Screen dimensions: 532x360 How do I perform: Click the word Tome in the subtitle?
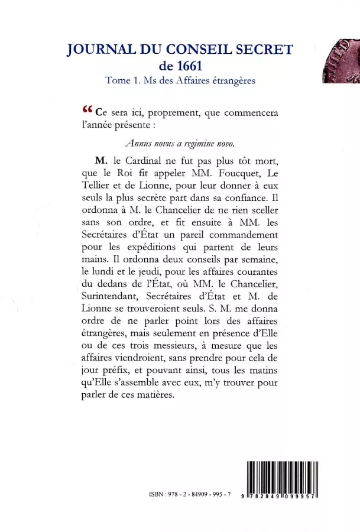116,81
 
